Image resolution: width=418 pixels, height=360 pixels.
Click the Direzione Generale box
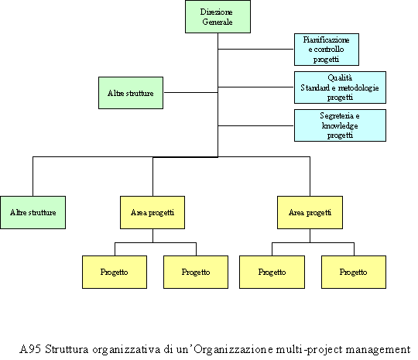pos(218,17)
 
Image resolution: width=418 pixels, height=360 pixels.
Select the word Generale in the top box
pos(218,22)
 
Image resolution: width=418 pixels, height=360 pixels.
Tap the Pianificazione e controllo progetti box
pos(327,50)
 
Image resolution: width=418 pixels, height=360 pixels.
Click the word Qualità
pos(340,78)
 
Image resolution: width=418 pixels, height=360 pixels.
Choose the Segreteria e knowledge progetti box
pos(340,125)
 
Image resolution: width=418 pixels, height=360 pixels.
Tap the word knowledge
pos(340,125)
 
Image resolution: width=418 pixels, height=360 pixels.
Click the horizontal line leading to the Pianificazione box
pos(256,49)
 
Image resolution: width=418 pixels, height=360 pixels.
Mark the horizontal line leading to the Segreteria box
pos(256,125)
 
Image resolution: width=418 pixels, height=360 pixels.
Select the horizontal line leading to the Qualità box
pos(256,87)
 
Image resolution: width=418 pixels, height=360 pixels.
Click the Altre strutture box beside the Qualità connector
pos(131,93)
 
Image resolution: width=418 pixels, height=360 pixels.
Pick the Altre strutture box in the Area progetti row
pos(33,213)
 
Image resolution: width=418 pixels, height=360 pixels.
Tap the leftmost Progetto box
pos(115,273)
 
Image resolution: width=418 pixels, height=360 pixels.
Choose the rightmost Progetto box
pos(354,273)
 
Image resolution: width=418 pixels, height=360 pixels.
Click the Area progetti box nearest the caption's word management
pos(310,213)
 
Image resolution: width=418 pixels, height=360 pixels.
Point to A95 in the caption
pos(30,349)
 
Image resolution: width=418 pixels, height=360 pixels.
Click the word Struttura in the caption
pos(67,349)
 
